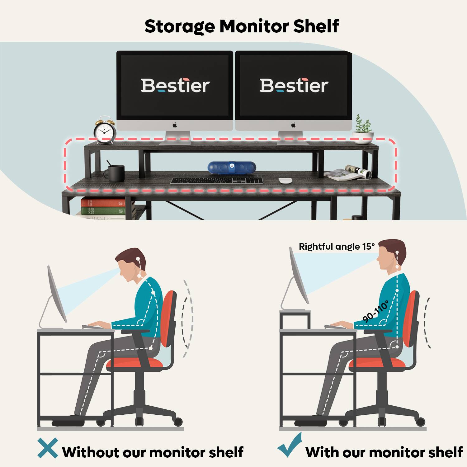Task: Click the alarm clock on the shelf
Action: (x=105, y=130)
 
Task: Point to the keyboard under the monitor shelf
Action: (x=217, y=181)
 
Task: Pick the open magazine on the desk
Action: (x=348, y=173)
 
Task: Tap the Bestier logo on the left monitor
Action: (x=175, y=86)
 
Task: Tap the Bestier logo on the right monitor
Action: (x=294, y=86)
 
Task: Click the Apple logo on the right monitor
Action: (x=293, y=125)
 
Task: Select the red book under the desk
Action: (x=103, y=202)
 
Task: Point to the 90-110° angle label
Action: (x=376, y=311)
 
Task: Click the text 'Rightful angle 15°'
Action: (x=337, y=247)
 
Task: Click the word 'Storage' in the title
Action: (x=180, y=27)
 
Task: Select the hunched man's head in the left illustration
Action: (x=130, y=264)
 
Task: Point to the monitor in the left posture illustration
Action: (x=57, y=295)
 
